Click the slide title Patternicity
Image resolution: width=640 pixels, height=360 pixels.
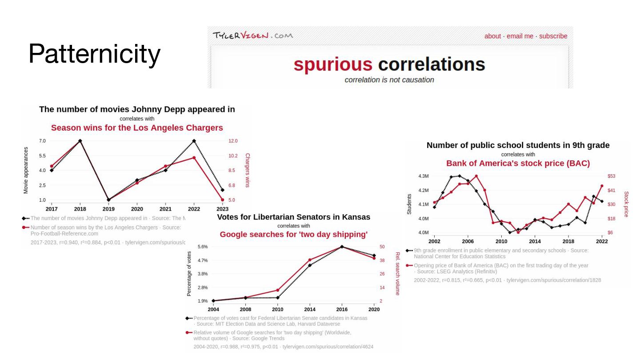(94, 54)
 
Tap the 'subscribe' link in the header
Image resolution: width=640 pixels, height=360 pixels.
(553, 36)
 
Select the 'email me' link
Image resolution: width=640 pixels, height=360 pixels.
(520, 36)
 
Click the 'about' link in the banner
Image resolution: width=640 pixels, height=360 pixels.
(492, 36)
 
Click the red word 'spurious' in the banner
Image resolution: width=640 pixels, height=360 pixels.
(333, 64)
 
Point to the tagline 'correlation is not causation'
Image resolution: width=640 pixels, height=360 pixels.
(389, 80)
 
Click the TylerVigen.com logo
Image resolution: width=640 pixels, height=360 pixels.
(252, 36)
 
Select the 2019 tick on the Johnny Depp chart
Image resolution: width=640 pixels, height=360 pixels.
(108, 209)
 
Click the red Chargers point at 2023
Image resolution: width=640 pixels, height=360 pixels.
(222, 200)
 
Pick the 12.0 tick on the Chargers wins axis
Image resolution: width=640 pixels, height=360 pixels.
(233, 141)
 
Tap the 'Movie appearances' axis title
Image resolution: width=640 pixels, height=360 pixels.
(26, 170)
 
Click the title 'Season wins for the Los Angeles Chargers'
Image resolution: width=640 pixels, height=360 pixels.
(137, 128)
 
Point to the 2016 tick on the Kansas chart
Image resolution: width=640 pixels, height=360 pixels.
(342, 309)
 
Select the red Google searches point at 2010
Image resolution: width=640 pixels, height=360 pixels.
(278, 290)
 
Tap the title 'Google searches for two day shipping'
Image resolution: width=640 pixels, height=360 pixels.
(293, 234)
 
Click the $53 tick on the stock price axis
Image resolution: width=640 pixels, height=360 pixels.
(611, 176)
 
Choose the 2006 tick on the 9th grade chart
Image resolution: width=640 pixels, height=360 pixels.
(468, 241)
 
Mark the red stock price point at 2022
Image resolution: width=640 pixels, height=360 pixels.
(602, 186)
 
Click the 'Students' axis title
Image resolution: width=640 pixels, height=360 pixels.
(409, 204)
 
